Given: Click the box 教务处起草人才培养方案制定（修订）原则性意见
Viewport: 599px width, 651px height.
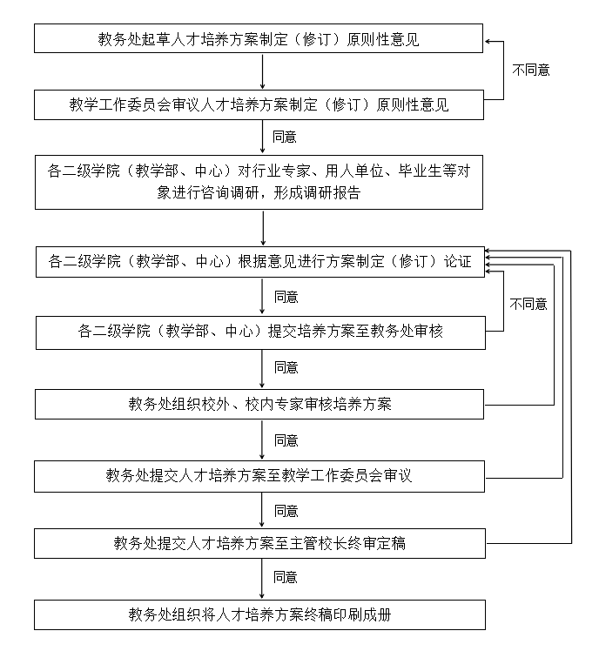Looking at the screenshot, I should (x=259, y=39).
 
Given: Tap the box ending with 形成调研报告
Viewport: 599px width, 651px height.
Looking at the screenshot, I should (x=259, y=182).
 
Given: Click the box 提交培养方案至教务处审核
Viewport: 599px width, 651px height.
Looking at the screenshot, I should (x=259, y=332).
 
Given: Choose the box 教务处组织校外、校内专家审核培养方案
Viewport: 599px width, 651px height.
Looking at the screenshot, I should (x=259, y=404).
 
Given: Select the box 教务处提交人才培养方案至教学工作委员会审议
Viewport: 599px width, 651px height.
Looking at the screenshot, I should (x=259, y=475).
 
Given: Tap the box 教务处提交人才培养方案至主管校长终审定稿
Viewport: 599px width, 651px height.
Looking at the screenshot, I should (x=259, y=544).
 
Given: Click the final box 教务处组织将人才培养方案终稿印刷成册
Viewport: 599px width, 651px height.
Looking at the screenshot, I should (x=259, y=614).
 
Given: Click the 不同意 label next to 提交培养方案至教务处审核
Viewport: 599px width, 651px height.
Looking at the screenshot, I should (x=528, y=304).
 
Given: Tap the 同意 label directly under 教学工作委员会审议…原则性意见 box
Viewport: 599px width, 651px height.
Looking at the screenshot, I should (x=285, y=137).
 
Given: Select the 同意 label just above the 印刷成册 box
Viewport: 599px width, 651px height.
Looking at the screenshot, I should (x=285, y=577).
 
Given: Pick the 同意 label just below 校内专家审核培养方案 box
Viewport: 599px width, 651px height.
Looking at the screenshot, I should (x=285, y=440).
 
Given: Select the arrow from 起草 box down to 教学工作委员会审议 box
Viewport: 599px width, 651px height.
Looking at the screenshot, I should (x=262, y=72).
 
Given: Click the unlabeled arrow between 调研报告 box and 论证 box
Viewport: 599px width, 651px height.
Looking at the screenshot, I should (x=262, y=228).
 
